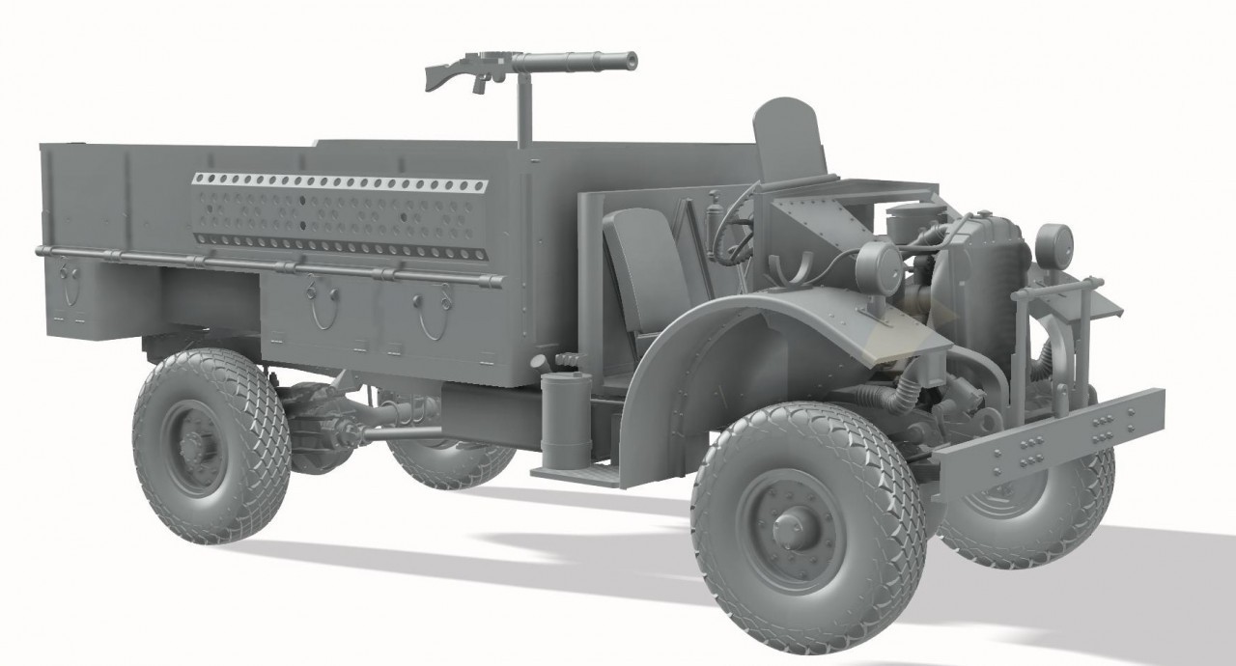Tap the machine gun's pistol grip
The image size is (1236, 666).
pos(478,84)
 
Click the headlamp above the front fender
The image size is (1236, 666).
pos(876,264)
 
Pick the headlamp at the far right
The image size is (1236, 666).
pos(1053,240)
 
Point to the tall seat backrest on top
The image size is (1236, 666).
pos(786,140)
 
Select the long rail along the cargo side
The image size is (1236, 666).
pos(270,266)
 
